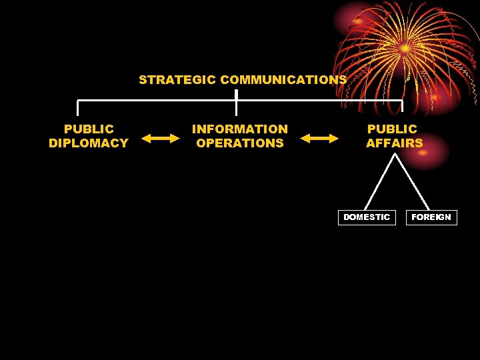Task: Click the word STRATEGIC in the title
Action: click(177, 80)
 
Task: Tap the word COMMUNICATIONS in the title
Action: click(283, 80)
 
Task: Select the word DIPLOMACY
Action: click(89, 143)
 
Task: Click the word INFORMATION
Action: click(240, 129)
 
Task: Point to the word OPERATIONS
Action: click(240, 143)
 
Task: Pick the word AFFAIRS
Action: click(394, 143)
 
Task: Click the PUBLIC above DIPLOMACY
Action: click(89, 129)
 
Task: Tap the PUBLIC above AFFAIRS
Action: click(392, 129)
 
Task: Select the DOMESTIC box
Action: click(367, 217)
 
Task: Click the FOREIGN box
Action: click(431, 217)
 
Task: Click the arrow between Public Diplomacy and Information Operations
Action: click(161, 138)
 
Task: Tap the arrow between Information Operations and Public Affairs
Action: click(319, 138)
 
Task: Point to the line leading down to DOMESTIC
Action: click(381, 181)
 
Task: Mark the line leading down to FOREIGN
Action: click(412, 181)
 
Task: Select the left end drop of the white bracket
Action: click(78, 108)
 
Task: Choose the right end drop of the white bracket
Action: click(403, 107)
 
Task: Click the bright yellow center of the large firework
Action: click(405, 49)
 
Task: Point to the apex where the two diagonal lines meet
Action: click(396, 155)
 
